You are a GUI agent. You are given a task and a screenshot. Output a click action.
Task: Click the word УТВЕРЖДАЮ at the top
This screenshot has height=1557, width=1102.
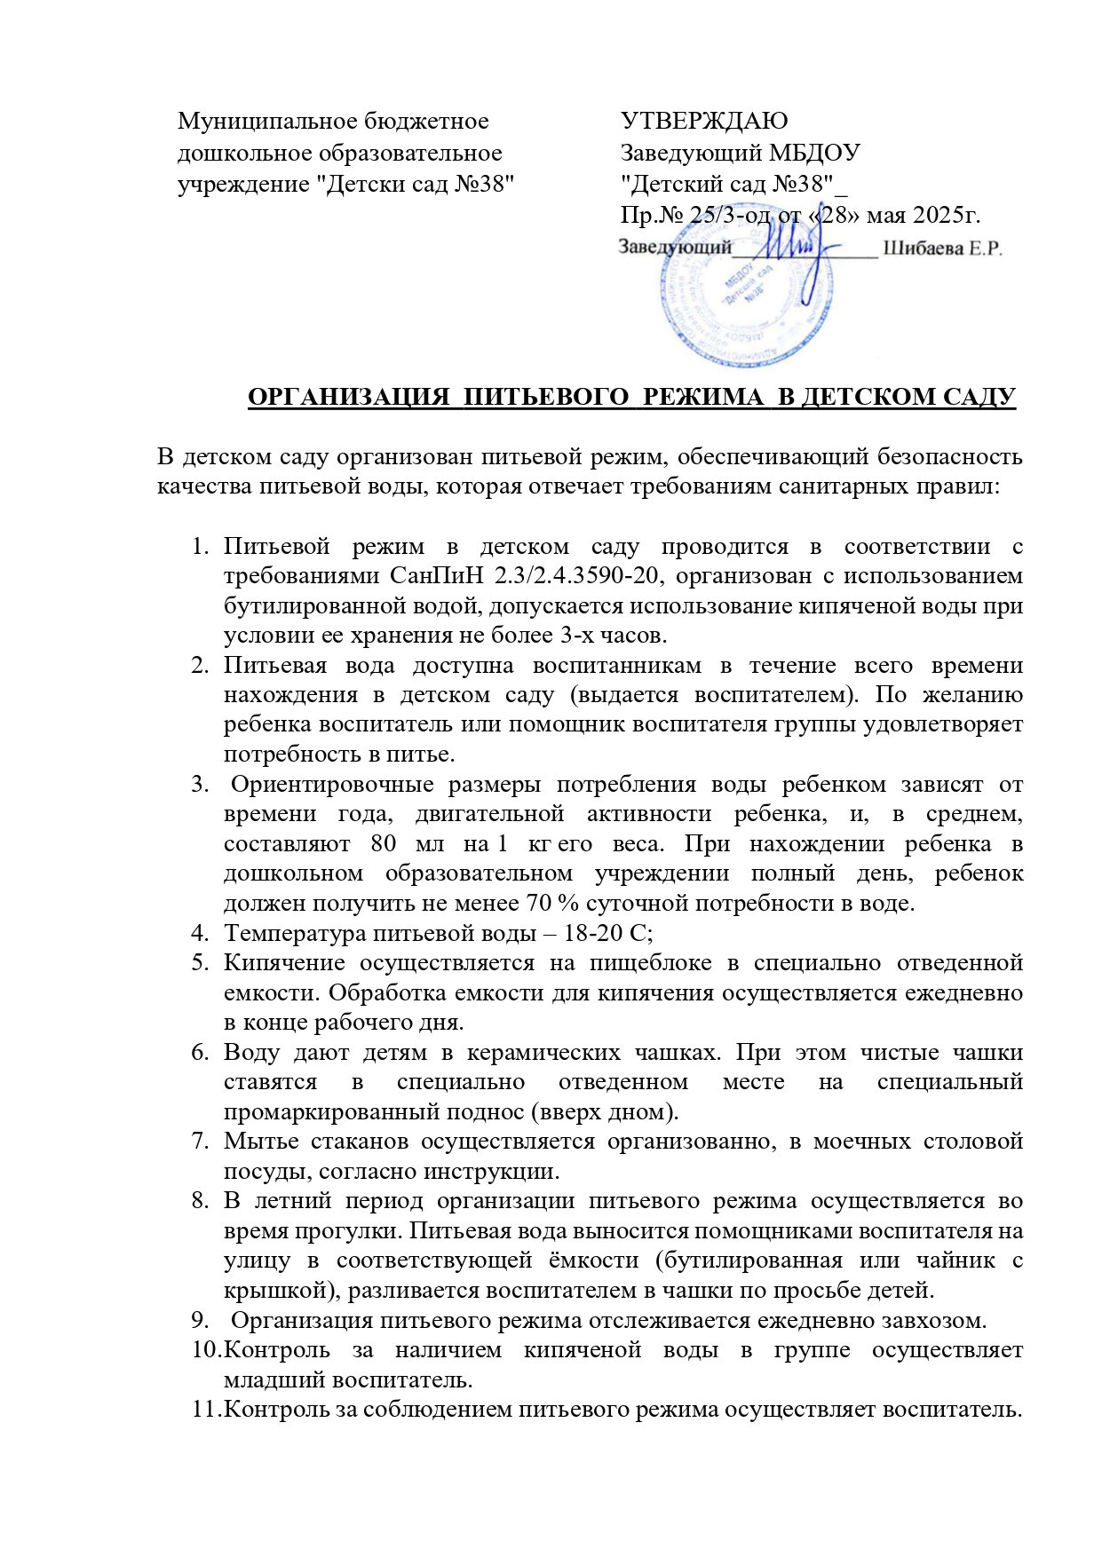coord(704,121)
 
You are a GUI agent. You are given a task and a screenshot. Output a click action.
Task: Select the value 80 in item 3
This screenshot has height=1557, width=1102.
coord(384,843)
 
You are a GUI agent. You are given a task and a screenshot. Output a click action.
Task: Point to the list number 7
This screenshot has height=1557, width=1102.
coord(201,1142)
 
